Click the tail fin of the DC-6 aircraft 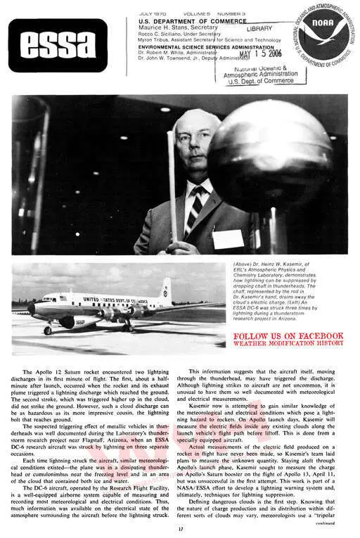point(166,290)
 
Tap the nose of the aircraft point(32,307)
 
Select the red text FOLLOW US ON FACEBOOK point(288,336)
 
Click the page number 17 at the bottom point(181,529)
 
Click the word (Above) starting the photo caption point(244,264)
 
